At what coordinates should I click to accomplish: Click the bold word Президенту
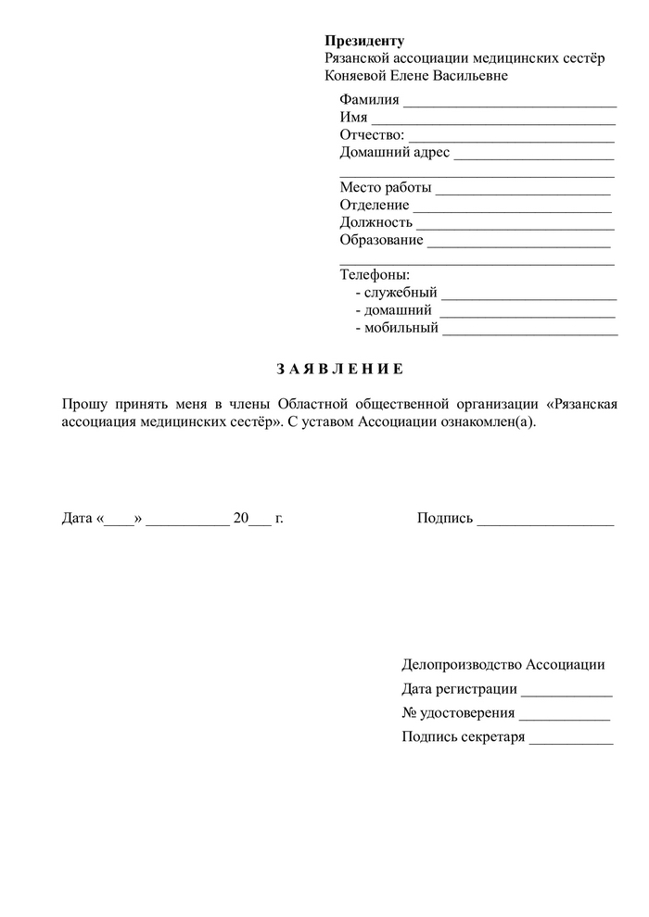pyautogui.click(x=364, y=41)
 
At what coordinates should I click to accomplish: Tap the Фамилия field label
pyautogui.click(x=369, y=100)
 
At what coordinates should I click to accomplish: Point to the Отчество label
pyautogui.click(x=372, y=135)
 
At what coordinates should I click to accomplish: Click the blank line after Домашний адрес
pyautogui.click(x=534, y=155)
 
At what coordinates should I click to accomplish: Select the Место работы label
pyautogui.click(x=386, y=188)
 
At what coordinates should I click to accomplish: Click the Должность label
pyautogui.click(x=375, y=223)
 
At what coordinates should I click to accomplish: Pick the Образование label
pyautogui.click(x=381, y=240)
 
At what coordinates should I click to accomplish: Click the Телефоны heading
pyautogui.click(x=375, y=275)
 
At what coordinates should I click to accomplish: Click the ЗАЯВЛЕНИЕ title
pyautogui.click(x=340, y=370)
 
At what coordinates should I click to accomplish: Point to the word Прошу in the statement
pyautogui.click(x=82, y=404)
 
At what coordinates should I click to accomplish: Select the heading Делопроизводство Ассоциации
pyautogui.click(x=503, y=664)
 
